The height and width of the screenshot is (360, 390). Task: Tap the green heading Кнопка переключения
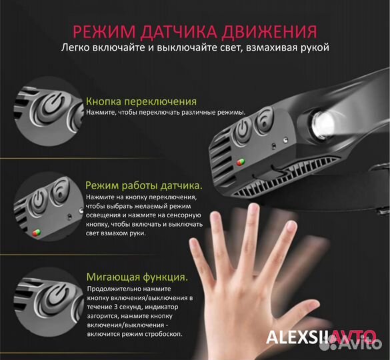[141, 101]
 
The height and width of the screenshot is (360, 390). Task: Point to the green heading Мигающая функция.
[137, 277]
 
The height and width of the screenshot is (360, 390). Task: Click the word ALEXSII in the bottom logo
[294, 337]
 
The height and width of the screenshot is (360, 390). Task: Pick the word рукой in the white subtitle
[313, 48]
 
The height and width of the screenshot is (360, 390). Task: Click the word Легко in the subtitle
[76, 48]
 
